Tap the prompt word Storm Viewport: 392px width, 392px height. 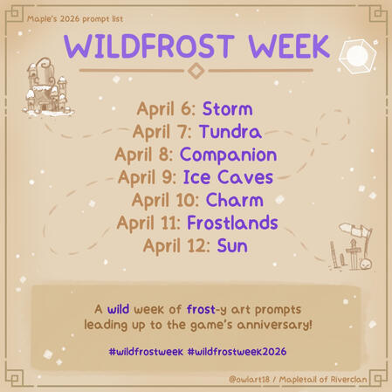(227, 109)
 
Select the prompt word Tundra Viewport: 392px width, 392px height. (230, 132)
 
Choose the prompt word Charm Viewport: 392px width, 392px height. (233, 200)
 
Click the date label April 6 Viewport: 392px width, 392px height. (166, 109)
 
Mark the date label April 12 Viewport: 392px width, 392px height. (175, 245)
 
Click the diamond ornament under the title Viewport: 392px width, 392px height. (196, 71)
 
